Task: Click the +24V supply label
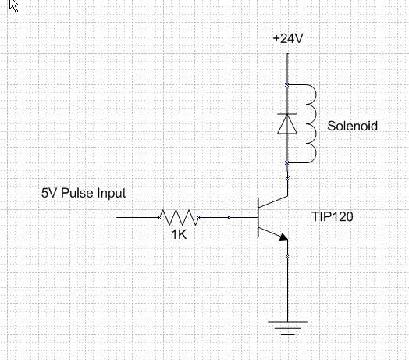pyautogui.click(x=288, y=38)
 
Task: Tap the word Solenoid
pyautogui.click(x=352, y=126)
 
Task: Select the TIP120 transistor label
pyautogui.click(x=333, y=216)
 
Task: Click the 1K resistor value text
pyautogui.click(x=180, y=234)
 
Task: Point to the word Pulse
pyautogui.click(x=77, y=193)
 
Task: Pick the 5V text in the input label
pyautogui.click(x=49, y=193)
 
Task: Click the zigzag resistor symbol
pyautogui.click(x=179, y=217)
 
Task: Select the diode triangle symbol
pyautogui.click(x=287, y=124)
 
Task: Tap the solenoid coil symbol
pyautogui.click(x=311, y=123)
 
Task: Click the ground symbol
pyautogui.click(x=288, y=328)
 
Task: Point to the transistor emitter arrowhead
pyautogui.click(x=283, y=237)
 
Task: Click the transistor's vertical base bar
pyautogui.click(x=258, y=217)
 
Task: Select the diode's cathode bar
pyautogui.click(x=287, y=114)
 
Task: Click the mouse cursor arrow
pyautogui.click(x=14, y=5)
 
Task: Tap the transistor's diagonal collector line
pyautogui.click(x=273, y=201)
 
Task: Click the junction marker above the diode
pyautogui.click(x=287, y=84)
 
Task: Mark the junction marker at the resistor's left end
pyautogui.click(x=160, y=217)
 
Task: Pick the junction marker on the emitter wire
pyautogui.click(x=287, y=257)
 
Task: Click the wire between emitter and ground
pyautogui.click(x=288, y=280)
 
